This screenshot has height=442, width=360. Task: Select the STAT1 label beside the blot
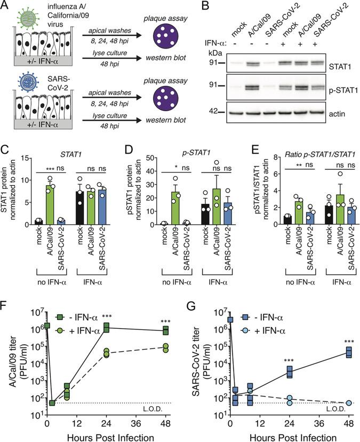point(341,67)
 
